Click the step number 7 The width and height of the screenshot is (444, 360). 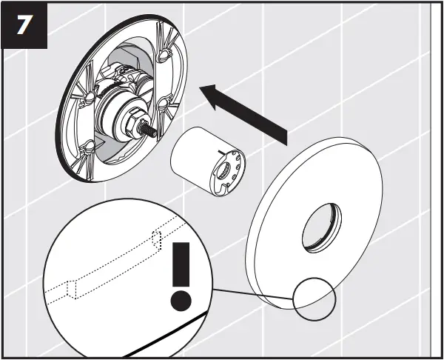click(24, 24)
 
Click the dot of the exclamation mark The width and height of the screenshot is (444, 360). click(181, 300)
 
